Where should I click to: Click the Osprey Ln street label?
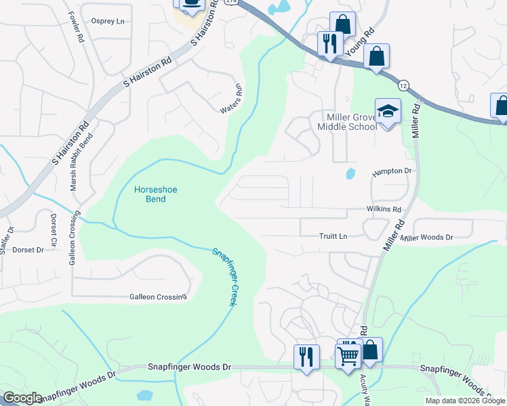(x=108, y=21)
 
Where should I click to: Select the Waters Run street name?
(x=231, y=99)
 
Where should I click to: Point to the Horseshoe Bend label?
(x=155, y=195)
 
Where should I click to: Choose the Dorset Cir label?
(x=54, y=229)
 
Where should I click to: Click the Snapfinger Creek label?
(x=223, y=277)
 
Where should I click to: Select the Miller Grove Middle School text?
(x=347, y=122)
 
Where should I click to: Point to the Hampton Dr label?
(x=392, y=173)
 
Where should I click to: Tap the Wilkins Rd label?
(x=384, y=210)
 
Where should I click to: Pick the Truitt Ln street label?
(x=333, y=236)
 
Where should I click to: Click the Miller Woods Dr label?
(x=426, y=237)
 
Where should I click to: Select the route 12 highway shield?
(x=403, y=85)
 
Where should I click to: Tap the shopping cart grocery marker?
(x=348, y=354)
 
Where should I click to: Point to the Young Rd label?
(x=359, y=43)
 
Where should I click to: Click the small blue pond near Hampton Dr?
(x=350, y=173)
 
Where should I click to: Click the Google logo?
(x=22, y=398)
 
